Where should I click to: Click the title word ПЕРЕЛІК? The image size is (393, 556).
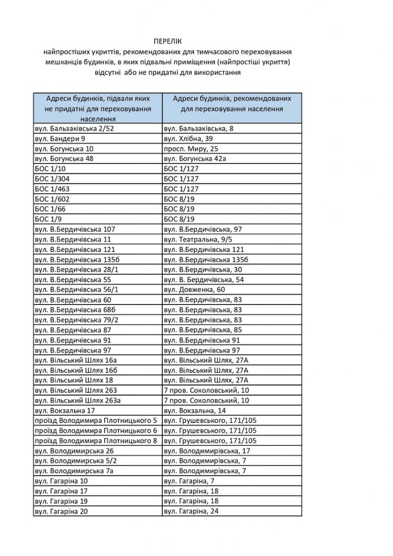(x=168, y=42)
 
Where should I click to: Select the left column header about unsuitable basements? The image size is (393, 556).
(x=97, y=109)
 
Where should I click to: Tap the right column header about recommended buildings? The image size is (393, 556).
(x=232, y=104)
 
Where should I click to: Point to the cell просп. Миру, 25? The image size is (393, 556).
(x=191, y=148)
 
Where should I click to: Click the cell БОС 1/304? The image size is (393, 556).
(x=52, y=179)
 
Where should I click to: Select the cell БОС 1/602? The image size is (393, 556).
(x=52, y=199)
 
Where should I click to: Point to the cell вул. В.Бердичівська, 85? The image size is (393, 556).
(x=203, y=330)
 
